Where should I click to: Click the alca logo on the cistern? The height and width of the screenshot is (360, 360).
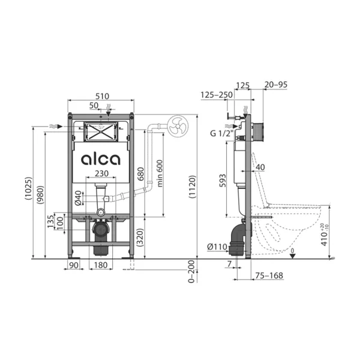point(101,160)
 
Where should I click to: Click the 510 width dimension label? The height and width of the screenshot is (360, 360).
point(102,96)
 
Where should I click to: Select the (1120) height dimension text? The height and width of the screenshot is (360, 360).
point(192,187)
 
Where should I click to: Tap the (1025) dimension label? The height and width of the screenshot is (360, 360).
point(28,188)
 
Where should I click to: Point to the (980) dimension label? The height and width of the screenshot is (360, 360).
point(40,195)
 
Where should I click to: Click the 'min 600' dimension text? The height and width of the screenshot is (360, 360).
point(160,173)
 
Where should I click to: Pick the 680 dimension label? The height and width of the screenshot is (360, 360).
point(140,174)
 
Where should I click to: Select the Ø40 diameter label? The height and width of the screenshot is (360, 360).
point(78,198)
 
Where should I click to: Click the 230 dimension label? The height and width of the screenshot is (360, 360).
point(101,173)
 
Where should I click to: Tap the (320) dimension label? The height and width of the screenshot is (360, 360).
point(140,238)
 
